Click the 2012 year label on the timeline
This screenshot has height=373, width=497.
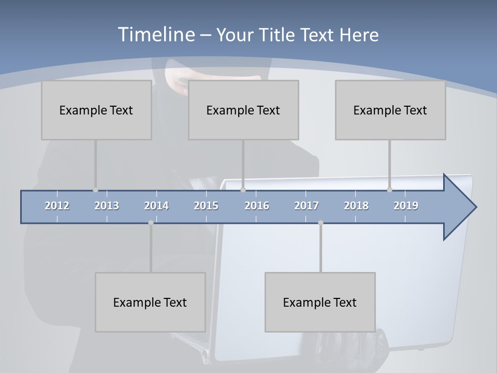(57, 206)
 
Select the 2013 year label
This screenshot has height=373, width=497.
(107, 206)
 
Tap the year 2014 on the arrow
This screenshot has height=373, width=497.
(156, 206)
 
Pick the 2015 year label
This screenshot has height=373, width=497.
(206, 206)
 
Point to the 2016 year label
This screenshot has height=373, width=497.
(257, 206)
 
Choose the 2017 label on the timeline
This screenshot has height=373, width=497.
(306, 206)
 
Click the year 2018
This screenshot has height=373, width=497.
(356, 206)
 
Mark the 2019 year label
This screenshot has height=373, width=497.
(406, 206)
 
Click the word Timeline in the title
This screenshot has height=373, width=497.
(155, 35)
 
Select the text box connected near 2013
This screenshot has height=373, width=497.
(96, 110)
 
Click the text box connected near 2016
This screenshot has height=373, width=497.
(243, 110)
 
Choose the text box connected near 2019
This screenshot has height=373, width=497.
(390, 110)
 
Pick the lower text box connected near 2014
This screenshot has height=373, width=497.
(150, 302)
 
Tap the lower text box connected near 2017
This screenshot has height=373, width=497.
(320, 302)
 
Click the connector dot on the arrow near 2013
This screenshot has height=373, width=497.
(95, 190)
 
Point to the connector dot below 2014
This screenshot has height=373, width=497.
(151, 223)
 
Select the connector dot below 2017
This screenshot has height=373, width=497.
(320, 223)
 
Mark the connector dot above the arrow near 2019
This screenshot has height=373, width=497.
(390, 190)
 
